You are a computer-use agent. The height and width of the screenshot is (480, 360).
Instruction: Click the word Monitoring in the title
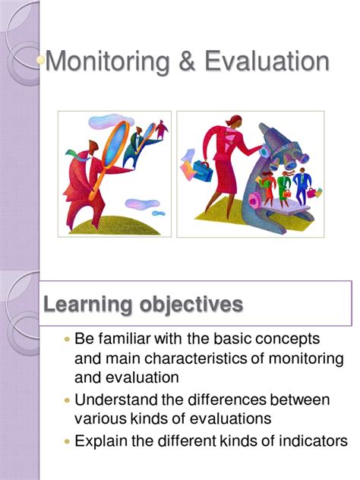point(107,62)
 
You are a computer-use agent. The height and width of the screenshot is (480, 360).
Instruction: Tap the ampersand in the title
point(187,62)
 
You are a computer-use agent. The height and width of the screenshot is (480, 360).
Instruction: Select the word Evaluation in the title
point(267,61)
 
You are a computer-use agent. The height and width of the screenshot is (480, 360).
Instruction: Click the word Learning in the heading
point(88,305)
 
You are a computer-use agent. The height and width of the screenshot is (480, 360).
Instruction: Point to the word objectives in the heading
point(191,304)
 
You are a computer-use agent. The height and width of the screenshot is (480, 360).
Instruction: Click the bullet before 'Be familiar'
point(68,339)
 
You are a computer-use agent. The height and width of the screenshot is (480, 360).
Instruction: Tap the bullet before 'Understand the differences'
point(68,400)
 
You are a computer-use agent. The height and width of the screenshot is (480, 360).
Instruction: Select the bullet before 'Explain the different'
point(68,441)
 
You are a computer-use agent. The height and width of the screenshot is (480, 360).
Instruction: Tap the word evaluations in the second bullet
point(231,418)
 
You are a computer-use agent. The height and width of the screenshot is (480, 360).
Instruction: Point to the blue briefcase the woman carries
point(202,171)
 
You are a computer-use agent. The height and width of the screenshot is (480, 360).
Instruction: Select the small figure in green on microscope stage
point(284,188)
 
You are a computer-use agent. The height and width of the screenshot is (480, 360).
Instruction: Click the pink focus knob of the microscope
point(254,201)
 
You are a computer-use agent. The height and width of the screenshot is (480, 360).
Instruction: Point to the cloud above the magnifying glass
point(111,121)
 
